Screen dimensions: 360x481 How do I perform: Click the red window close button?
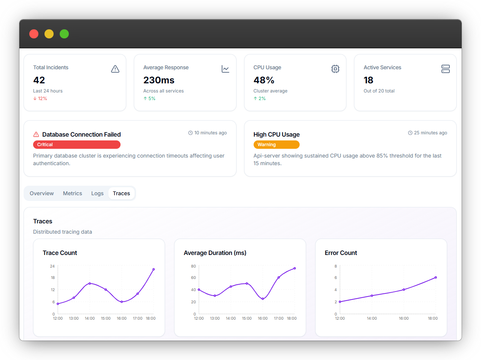[34, 34]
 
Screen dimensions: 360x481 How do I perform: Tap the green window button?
[64, 34]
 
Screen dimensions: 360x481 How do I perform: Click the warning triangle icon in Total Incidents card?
[115, 69]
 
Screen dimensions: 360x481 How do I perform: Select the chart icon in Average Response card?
[225, 69]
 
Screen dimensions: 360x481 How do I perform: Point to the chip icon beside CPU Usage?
[335, 69]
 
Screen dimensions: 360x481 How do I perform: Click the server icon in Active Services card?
[446, 69]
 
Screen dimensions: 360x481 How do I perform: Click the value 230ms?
[159, 80]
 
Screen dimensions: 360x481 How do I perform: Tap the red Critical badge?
[77, 145]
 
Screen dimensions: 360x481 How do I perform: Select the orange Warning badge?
[276, 145]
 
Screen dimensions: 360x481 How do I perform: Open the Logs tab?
[97, 193]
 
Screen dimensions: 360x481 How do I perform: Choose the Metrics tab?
[73, 193]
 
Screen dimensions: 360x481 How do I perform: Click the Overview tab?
[42, 193]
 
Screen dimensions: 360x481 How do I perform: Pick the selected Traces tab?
[121, 193]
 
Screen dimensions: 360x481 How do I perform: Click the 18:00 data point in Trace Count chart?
[154, 269]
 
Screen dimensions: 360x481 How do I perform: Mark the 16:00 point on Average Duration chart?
[263, 299]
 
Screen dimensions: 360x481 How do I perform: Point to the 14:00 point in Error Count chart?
[372, 296]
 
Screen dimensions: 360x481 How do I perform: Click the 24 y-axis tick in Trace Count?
[52, 266]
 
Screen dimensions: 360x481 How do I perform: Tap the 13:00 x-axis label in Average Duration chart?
[215, 318]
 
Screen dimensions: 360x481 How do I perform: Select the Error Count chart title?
[341, 253]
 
